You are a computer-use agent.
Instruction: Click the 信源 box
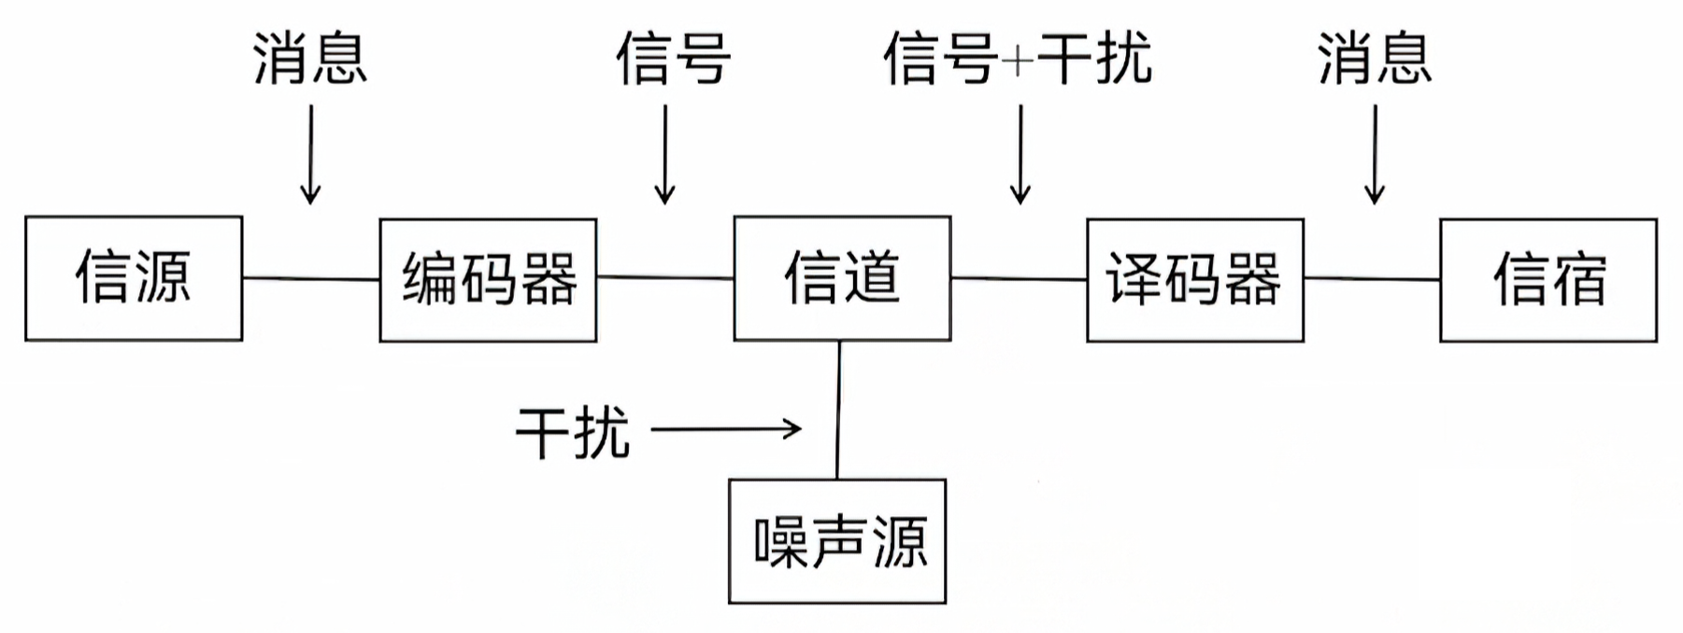134,278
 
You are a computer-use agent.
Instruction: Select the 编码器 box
488,280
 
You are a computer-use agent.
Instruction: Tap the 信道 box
842,278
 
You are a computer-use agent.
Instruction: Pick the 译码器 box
1194,280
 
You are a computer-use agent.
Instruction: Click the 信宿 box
1548,280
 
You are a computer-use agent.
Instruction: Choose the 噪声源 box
837,542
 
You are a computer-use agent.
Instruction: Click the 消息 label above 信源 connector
310,58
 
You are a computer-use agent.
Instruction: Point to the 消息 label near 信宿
1375,58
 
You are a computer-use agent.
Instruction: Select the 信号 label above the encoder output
673,58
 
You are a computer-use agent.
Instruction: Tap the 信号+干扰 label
1019,58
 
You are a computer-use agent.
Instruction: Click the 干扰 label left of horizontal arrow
573,431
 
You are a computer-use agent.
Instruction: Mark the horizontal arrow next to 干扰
725,429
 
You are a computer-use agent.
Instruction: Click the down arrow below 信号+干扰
1020,154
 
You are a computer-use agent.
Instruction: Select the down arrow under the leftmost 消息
310,154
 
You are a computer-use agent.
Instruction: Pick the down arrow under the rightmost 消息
1375,154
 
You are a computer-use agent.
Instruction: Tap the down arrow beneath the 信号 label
664,154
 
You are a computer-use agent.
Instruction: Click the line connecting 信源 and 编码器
310,278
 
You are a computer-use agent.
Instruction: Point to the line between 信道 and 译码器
1019,278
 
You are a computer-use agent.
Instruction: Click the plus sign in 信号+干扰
1018,61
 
